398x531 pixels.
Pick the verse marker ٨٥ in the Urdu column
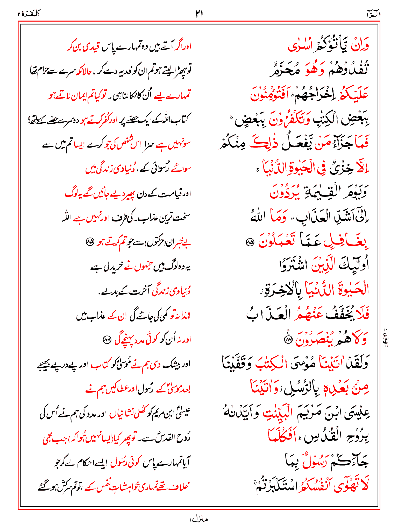[90, 242]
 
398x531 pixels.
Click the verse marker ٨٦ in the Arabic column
[288, 340]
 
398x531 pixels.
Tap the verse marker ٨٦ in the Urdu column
[106, 340]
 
